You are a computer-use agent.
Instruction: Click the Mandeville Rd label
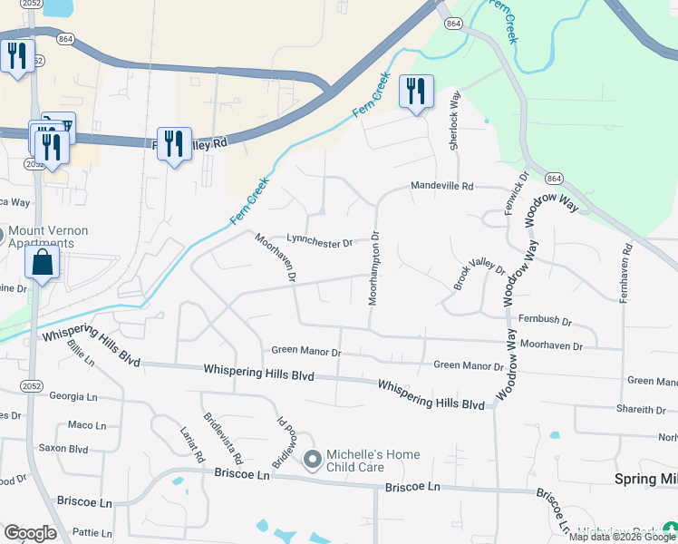[442, 186]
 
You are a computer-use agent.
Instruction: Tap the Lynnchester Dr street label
[319, 241]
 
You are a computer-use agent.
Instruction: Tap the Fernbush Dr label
[545, 321]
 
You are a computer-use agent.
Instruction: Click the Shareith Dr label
[640, 410]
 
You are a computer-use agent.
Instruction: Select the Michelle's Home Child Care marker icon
[313, 461]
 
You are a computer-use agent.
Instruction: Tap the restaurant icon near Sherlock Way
[416, 91]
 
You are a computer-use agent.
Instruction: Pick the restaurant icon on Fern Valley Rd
[174, 143]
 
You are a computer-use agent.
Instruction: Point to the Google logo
[30, 532]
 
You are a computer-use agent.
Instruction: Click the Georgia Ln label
[73, 396]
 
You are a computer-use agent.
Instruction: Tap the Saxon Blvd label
[63, 448]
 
